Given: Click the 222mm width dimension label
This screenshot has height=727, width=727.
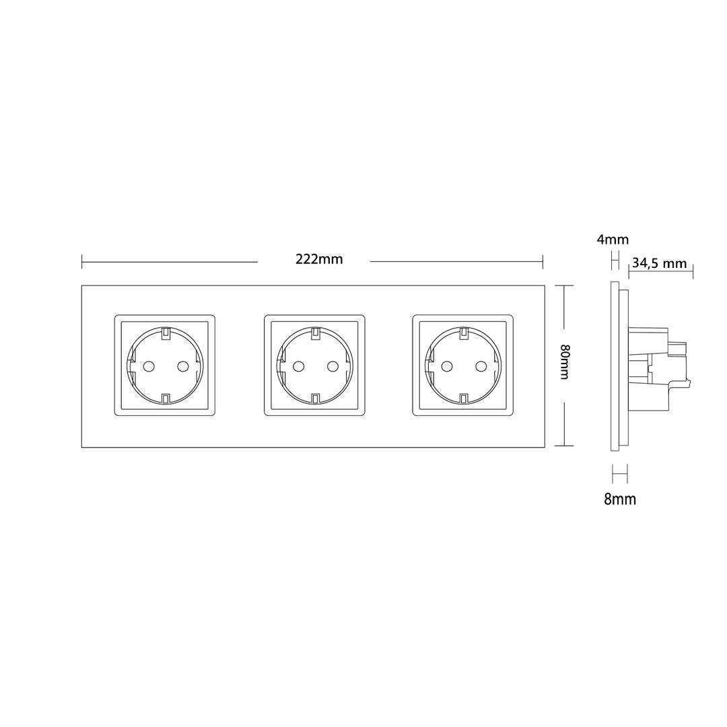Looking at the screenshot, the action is click(x=319, y=258).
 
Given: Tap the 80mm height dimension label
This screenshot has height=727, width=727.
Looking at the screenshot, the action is click(x=564, y=361).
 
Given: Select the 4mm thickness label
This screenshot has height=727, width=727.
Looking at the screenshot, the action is click(x=613, y=240).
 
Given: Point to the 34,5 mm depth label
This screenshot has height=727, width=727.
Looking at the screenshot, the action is click(x=659, y=263).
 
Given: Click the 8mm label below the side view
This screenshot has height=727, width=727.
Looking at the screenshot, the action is click(x=620, y=499).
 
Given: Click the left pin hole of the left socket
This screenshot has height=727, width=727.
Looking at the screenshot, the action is click(x=149, y=366).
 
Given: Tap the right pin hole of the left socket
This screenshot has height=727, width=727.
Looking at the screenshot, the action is click(x=182, y=366).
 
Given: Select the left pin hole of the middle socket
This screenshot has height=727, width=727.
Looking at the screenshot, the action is click(x=298, y=366).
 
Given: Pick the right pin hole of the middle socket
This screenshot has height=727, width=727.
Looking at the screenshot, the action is click(x=332, y=366).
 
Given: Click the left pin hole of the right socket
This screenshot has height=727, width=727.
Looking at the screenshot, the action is click(x=447, y=366).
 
